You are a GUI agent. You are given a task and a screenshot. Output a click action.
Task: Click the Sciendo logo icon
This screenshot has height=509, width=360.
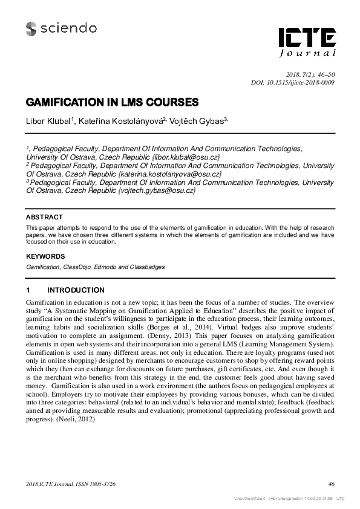(31, 27)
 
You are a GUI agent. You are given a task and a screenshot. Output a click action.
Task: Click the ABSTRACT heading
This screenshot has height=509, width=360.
(44, 217)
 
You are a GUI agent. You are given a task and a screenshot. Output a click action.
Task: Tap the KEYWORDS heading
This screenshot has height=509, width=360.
(45, 256)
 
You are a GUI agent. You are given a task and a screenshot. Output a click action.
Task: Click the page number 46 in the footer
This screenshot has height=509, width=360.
(331, 484)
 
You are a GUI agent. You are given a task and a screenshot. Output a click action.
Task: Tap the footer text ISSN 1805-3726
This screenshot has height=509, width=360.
(94, 484)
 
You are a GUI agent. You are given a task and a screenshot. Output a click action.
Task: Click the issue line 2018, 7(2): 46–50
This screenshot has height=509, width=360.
(310, 74)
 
